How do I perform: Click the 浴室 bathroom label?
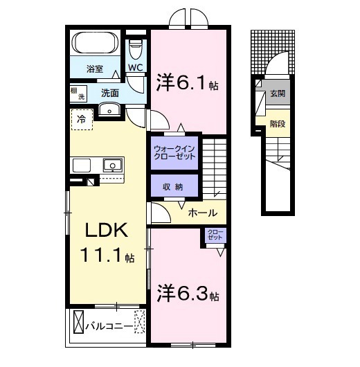click(95, 69)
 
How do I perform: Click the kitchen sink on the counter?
click(111, 165)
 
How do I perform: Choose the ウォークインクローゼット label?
click(174, 152)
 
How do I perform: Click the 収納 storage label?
click(173, 187)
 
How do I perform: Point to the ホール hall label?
click(203, 213)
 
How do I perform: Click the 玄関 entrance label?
click(277, 93)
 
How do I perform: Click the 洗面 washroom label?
click(110, 91)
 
